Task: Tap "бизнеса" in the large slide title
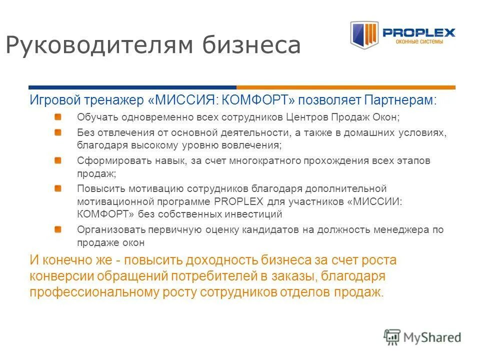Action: (252, 45)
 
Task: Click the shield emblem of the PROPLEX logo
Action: (363, 34)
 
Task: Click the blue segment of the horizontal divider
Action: (132, 87)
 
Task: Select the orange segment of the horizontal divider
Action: (345, 87)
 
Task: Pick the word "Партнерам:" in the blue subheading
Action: (400, 100)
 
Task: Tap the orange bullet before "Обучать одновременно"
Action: (58, 117)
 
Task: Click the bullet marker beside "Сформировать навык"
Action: (58, 160)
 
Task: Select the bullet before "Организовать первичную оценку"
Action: (58, 229)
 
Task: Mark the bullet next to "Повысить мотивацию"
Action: (58, 188)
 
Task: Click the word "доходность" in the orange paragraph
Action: (221, 260)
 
